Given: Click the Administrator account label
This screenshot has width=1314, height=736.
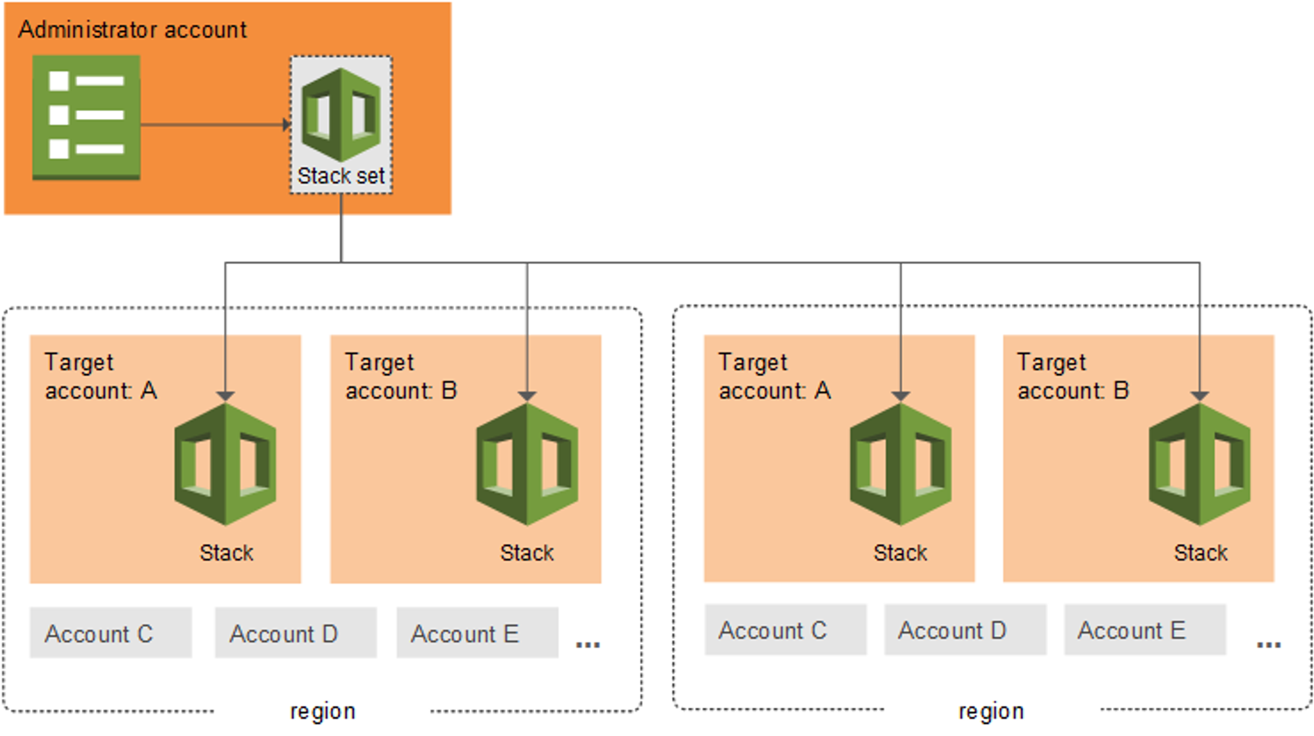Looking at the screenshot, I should tap(132, 30).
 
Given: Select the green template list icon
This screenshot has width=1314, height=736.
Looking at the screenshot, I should tap(86, 117).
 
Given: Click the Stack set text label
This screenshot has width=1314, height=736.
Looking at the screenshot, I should tap(341, 176).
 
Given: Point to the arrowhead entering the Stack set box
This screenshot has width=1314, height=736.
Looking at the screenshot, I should tap(286, 124).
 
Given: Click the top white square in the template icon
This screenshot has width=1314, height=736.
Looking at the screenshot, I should tap(59, 81).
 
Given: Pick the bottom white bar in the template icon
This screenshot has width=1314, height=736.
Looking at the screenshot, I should tap(100, 149).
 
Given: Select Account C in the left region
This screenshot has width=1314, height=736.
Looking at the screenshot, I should tap(110, 633).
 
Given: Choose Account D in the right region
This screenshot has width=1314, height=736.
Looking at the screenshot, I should tap(964, 630).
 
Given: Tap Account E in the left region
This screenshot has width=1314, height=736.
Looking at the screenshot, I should tap(477, 633).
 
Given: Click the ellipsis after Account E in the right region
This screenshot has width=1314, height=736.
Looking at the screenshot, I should tap(1268, 644).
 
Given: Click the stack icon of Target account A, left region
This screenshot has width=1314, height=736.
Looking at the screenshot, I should tap(225, 464).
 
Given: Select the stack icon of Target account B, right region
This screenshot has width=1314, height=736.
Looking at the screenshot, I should tap(1199, 464).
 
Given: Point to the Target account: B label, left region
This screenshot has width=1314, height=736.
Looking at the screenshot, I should tap(400, 376).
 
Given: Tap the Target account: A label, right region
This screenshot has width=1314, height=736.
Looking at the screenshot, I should tap(774, 376).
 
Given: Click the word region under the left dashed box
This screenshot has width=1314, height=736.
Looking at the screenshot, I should tap(323, 711).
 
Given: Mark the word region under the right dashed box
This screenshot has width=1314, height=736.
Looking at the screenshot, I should tap(991, 711).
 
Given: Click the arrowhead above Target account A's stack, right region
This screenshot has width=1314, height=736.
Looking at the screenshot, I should tap(900, 395).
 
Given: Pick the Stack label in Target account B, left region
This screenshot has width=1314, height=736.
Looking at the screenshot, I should tap(526, 553).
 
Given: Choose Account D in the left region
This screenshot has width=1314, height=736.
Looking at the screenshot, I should tap(296, 633).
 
